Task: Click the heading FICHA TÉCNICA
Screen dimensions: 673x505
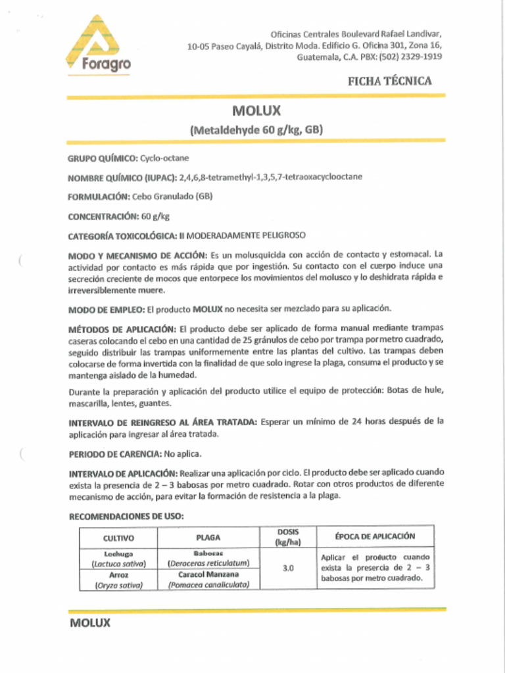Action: tap(389, 81)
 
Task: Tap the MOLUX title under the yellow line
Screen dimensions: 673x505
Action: tap(256, 111)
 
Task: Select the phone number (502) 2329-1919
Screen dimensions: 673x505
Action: tap(410, 57)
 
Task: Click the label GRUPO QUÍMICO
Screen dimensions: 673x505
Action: tap(103, 159)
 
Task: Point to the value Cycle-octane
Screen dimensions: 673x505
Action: tap(164, 159)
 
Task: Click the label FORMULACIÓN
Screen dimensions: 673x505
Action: tap(99, 197)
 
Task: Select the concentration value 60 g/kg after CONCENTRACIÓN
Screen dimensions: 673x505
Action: tap(156, 216)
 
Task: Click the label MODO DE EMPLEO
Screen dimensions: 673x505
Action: tap(106, 309)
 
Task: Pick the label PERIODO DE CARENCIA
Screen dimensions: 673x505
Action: tap(115, 454)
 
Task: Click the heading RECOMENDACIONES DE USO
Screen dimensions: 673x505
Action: tap(126, 517)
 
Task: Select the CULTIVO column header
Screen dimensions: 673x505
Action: tap(118, 538)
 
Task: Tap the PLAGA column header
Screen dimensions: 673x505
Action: tap(208, 538)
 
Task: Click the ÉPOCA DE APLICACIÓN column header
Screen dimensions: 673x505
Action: tap(375, 536)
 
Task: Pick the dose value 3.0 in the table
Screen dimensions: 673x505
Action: tap(288, 568)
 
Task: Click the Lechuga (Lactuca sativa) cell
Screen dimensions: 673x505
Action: tap(118, 559)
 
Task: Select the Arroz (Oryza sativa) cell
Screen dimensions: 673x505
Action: tap(118, 579)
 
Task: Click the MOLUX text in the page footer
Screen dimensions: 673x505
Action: tap(90, 623)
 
